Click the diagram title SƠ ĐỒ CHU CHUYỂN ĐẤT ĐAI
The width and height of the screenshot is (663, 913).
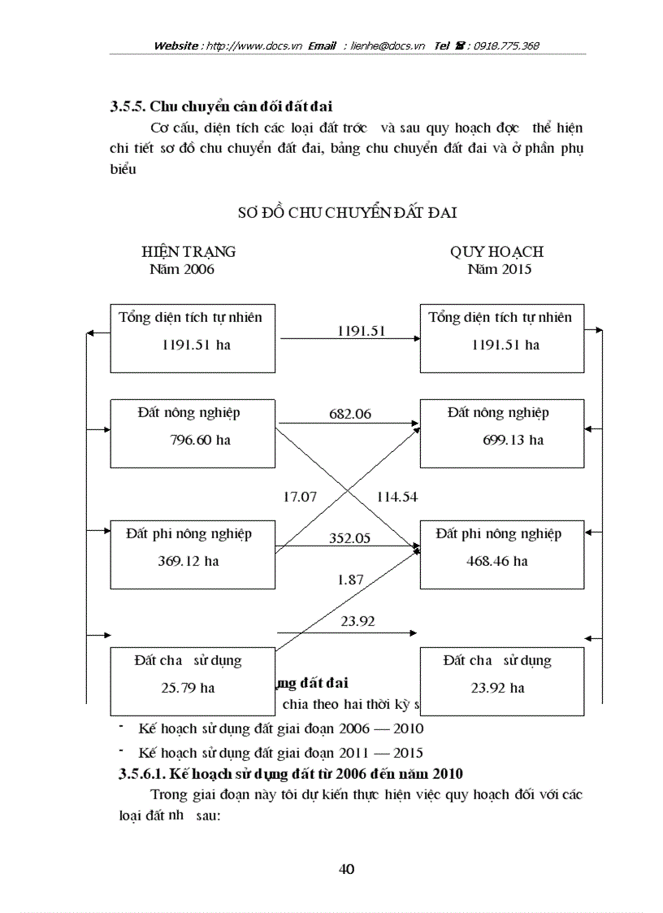tap(347, 213)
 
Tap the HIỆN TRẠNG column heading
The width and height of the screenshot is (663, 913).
tap(188, 252)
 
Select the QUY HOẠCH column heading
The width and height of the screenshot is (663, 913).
tap(496, 252)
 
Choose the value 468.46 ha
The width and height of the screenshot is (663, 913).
tap(496, 561)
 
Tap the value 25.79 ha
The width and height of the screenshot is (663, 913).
tap(188, 688)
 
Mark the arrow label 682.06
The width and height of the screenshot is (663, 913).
tap(349, 414)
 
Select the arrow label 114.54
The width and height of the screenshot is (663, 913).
tap(396, 497)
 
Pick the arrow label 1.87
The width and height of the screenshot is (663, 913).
tap(350, 580)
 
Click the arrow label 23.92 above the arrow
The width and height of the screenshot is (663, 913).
tap(357, 621)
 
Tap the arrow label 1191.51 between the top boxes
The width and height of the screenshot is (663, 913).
tap(361, 331)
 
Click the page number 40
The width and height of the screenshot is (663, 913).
tap(346, 869)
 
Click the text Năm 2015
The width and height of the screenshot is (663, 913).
tap(499, 269)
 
